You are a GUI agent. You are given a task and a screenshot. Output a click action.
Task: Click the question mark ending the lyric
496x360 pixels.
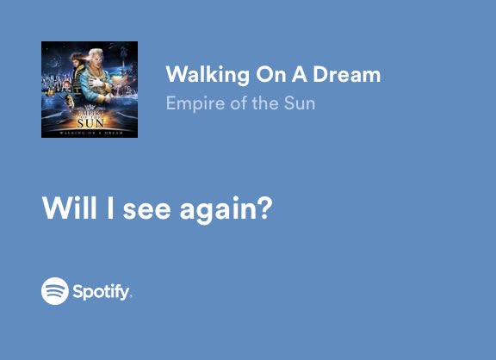click(x=265, y=209)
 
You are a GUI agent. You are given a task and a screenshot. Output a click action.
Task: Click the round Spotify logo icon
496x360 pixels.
click(x=54, y=291)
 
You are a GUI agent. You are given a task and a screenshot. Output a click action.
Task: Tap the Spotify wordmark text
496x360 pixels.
click(x=102, y=292)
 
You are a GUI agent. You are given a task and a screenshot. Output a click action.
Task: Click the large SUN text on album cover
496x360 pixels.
click(x=90, y=121)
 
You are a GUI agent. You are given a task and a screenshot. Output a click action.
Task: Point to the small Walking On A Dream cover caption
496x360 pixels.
click(x=90, y=132)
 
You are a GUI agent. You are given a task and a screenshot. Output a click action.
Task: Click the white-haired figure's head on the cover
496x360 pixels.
click(x=97, y=57)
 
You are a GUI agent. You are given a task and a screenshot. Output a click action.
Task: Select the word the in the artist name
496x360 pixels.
click(x=263, y=104)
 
